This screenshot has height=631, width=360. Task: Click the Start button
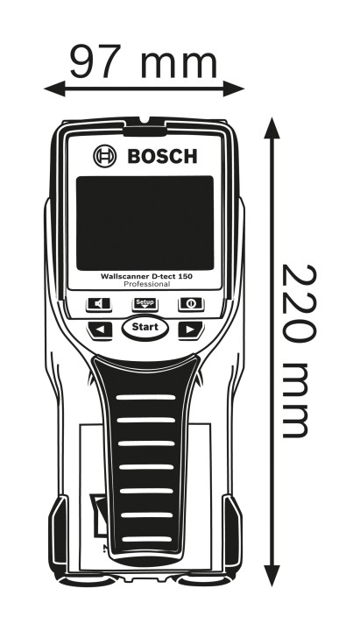[x=145, y=327]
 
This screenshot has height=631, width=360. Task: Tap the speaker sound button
[x=99, y=304]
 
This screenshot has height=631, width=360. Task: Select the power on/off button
[x=192, y=304]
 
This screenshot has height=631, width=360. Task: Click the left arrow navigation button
[x=100, y=330]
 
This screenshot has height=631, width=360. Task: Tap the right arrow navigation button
[x=191, y=330]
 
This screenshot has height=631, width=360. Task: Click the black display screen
[x=145, y=223]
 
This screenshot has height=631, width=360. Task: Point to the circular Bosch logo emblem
[x=104, y=156]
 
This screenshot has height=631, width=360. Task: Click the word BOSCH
[x=162, y=156]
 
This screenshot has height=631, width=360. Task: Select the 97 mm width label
[x=144, y=60]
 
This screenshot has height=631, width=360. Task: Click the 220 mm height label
[x=299, y=351]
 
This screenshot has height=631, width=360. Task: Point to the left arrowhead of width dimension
[x=54, y=89]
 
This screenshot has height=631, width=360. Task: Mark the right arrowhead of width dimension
[x=234, y=89]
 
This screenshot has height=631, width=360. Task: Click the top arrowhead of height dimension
[x=272, y=128]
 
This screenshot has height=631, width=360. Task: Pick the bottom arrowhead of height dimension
[x=272, y=576]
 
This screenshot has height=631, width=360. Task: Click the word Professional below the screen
[x=146, y=284]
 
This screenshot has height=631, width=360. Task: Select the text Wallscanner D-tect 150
[x=146, y=276]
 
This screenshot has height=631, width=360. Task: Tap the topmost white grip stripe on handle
[x=145, y=397]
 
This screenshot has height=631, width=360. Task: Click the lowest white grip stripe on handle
[x=146, y=539]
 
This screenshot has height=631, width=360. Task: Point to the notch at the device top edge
[x=145, y=120]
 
